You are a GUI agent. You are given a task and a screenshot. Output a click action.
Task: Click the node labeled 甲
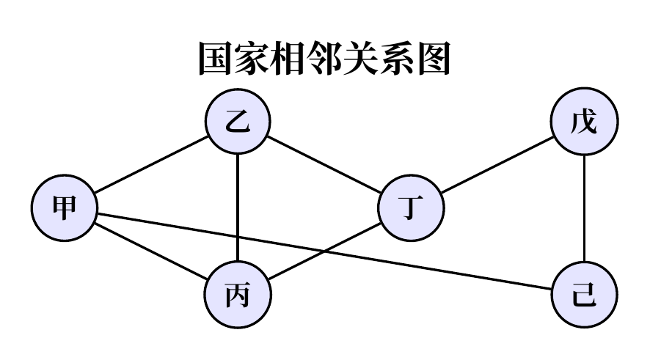(65, 208)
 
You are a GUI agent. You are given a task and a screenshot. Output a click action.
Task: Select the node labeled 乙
(238, 123)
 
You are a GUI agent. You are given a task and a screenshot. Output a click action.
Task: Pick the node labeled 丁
(411, 208)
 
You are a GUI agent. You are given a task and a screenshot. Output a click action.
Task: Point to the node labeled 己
(585, 296)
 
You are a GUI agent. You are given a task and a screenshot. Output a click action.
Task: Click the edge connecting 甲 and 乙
(151, 166)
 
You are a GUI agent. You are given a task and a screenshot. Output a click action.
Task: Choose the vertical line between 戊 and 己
(585, 210)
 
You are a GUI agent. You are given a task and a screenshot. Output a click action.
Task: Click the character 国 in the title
(216, 59)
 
